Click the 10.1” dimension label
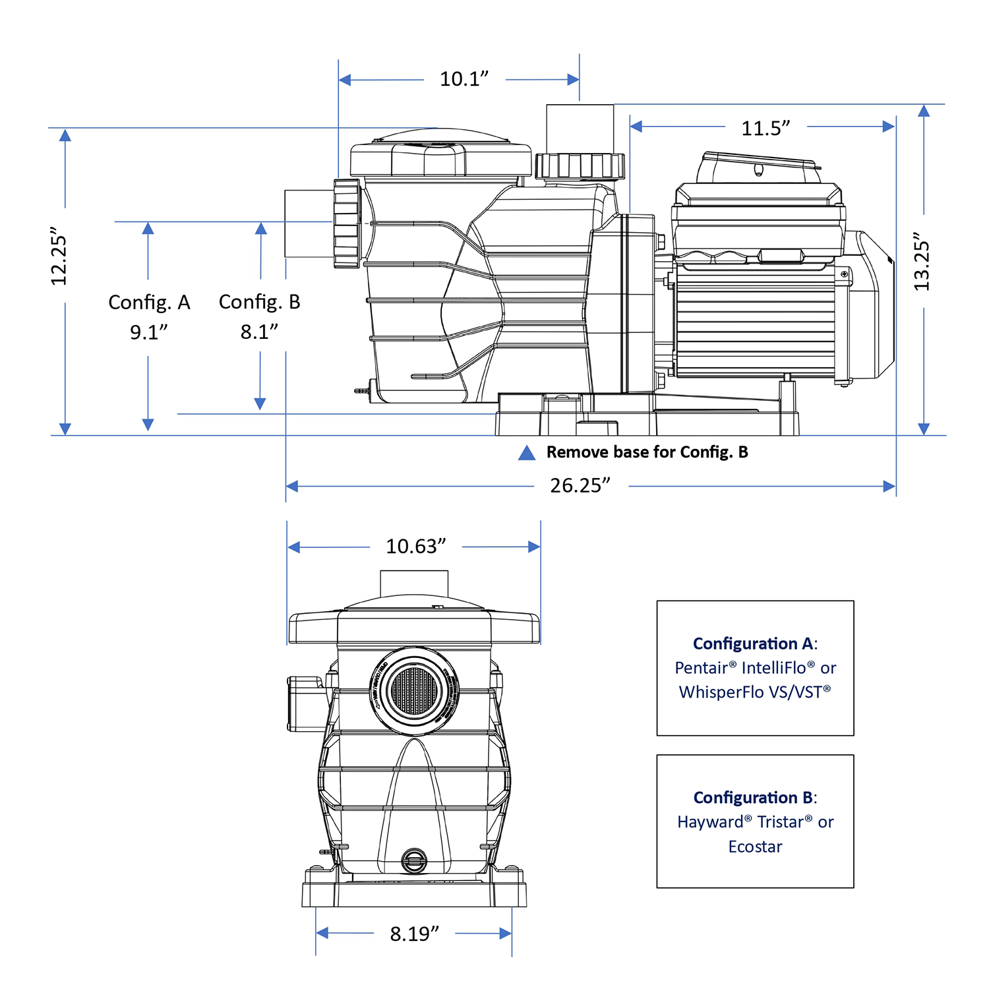(464, 79)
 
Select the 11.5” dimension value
(765, 128)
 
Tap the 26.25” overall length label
(580, 486)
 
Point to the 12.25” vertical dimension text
(59, 257)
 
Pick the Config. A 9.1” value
(149, 332)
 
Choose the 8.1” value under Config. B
(259, 332)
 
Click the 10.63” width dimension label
(416, 547)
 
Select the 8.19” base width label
(414, 934)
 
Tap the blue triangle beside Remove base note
(527, 453)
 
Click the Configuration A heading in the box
(754, 644)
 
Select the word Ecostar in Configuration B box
(755, 847)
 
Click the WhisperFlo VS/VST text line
(755, 692)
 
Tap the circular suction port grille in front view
(413, 692)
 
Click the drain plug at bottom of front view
(414, 860)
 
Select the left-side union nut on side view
(347, 224)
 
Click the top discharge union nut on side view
(580, 166)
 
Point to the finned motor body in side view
(755, 323)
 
